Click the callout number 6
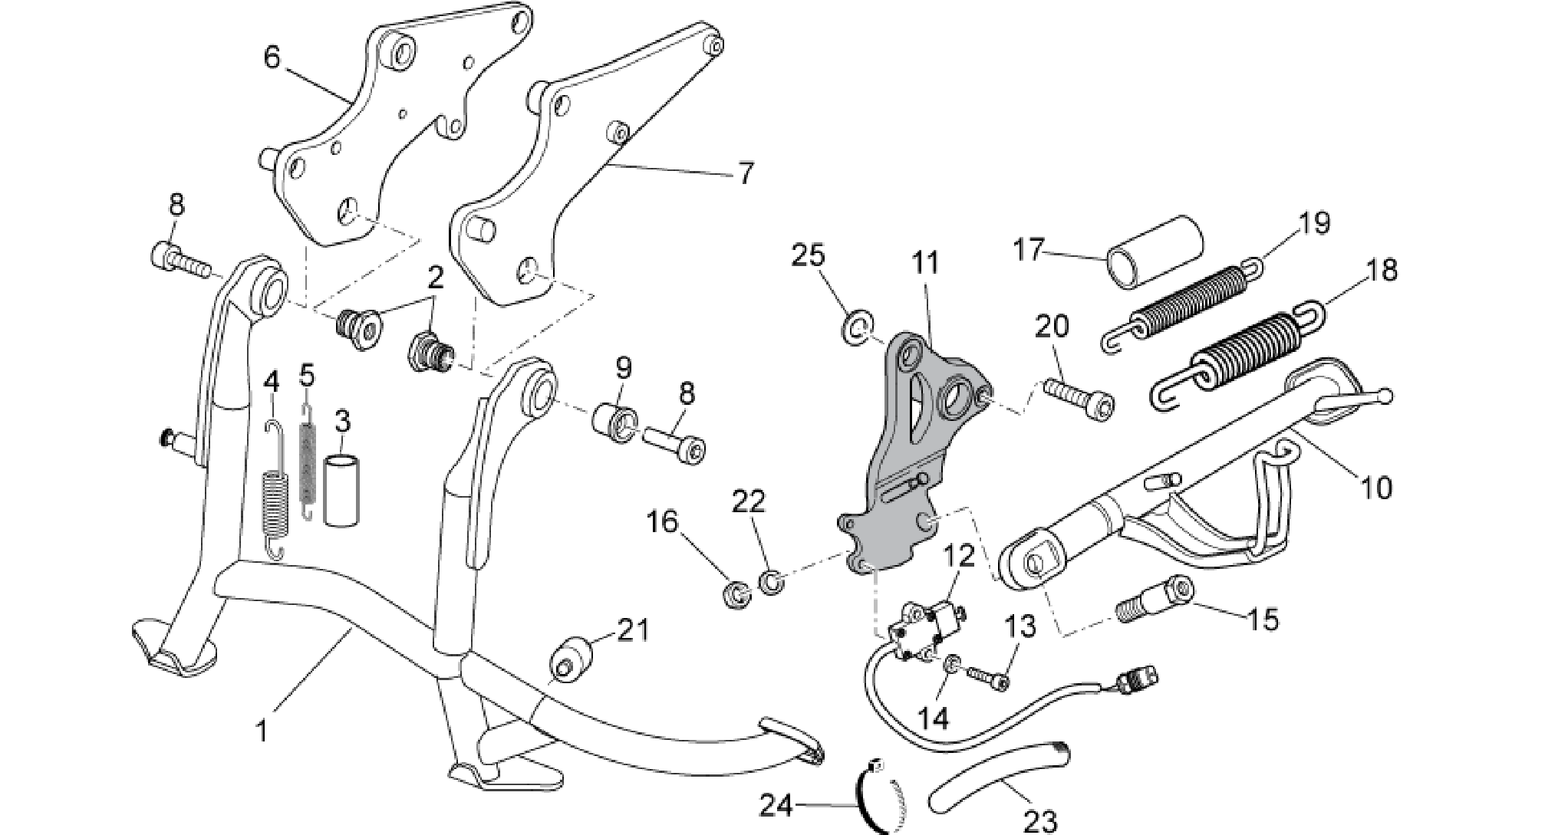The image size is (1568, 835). [x=273, y=58]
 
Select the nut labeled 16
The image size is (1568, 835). [x=737, y=594]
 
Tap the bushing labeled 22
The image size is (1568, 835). [x=771, y=581]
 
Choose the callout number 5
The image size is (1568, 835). [x=307, y=376]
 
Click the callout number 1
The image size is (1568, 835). [x=262, y=731]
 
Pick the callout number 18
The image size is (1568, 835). [x=1381, y=271]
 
